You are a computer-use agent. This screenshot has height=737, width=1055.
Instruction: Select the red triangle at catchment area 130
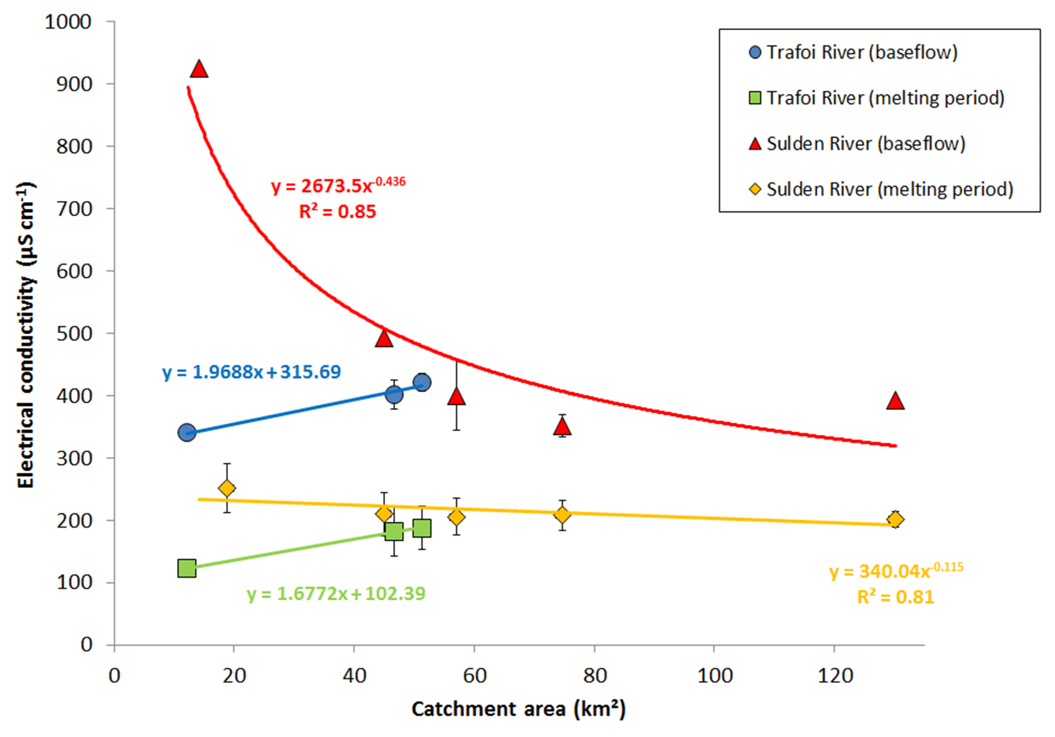click(x=895, y=401)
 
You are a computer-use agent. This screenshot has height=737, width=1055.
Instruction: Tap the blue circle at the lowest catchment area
click(x=187, y=432)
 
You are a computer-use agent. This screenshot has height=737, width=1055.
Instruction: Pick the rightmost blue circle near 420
click(x=422, y=382)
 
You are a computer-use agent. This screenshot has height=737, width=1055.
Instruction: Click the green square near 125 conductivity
click(x=187, y=569)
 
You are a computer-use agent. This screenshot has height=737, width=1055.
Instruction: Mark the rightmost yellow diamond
click(x=896, y=519)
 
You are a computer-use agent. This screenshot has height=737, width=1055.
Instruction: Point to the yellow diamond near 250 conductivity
click(x=227, y=488)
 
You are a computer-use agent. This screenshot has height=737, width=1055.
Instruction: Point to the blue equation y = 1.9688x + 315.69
click(x=251, y=372)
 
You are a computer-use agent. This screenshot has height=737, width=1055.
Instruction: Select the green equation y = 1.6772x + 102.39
click(x=336, y=593)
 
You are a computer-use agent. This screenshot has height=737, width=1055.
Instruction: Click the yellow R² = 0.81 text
click(x=896, y=597)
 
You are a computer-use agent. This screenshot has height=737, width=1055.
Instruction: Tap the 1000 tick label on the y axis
click(x=68, y=22)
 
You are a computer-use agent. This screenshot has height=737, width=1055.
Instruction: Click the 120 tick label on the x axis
click(x=835, y=676)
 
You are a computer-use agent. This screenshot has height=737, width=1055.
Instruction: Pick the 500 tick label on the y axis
click(x=74, y=333)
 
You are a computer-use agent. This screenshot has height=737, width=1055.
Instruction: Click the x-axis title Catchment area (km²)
click(x=518, y=709)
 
